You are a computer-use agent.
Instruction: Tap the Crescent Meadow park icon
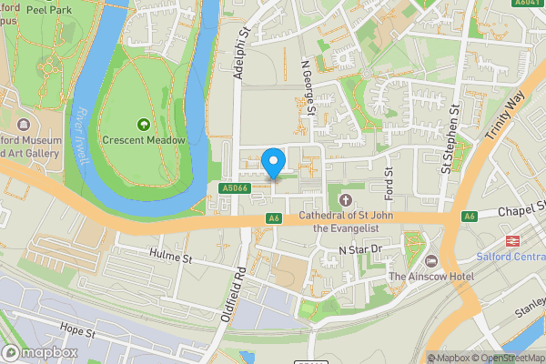pyautogui.click(x=143, y=124)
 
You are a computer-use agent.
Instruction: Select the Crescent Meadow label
pyautogui.click(x=144, y=140)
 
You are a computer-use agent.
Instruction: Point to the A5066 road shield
pyautogui.click(x=233, y=187)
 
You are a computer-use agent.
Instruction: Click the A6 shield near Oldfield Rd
pyautogui.click(x=273, y=217)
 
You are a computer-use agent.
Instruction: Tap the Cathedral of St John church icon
pyautogui.click(x=345, y=199)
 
